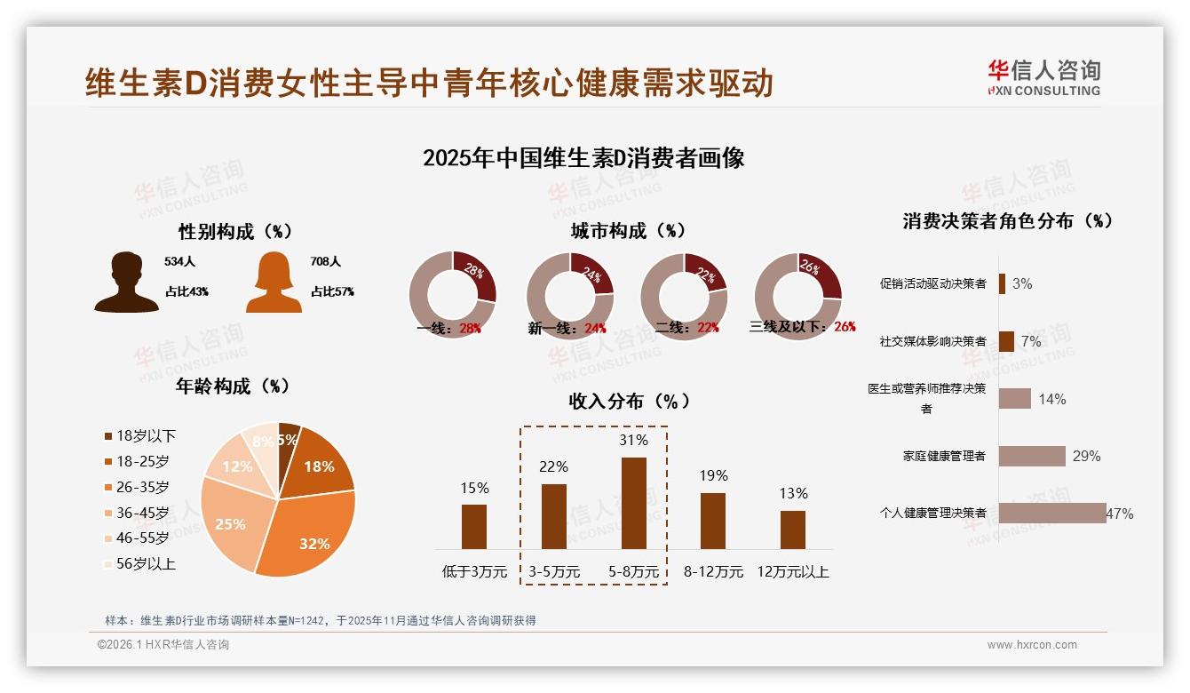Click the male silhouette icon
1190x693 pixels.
coord(126,282)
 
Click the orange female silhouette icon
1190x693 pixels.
coord(274,282)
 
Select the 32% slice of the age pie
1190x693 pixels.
coord(311,529)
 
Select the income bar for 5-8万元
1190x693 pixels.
coord(633,503)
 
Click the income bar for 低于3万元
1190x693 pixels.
coord(474,526)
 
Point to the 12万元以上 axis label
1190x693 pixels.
coord(792,572)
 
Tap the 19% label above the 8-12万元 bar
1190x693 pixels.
coord(712,475)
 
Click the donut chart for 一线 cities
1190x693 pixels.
coord(452,295)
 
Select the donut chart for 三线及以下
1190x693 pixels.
coord(797,295)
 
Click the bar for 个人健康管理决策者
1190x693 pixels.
coord(1052,514)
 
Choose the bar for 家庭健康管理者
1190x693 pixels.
coord(1032,456)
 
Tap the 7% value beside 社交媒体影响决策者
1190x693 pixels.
coord(1031,341)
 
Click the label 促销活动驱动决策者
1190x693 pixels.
coord(932,284)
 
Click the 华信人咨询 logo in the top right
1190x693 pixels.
coord(1043,77)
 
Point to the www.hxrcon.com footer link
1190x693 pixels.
coord(1032,645)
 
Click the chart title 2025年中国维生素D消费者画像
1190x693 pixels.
coord(583,158)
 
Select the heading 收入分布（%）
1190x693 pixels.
coord(629,401)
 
